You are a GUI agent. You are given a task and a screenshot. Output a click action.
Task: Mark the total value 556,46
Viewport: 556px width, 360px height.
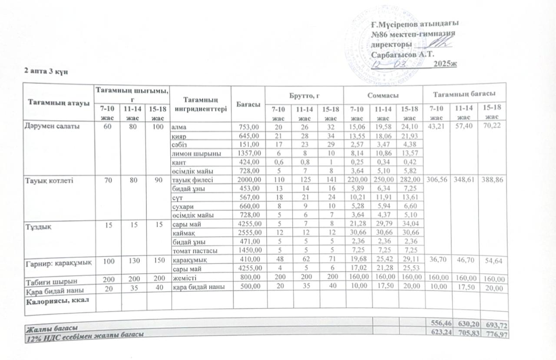439,323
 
